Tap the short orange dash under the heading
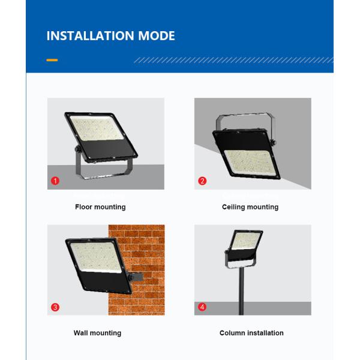click(x=52, y=61)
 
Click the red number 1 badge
click(x=55, y=181)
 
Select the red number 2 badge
click(x=202, y=181)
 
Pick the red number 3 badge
click(x=55, y=307)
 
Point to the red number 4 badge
click(x=202, y=307)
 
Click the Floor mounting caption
click(x=100, y=207)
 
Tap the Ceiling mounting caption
click(x=250, y=207)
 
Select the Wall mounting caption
click(x=97, y=333)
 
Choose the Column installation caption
click(x=251, y=333)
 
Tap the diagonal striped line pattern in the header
click(x=234, y=61)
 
